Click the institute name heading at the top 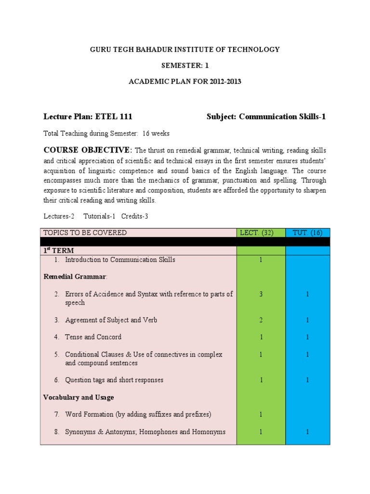pos(185,49)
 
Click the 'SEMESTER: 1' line pos(185,65)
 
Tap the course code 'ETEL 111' pos(114,116)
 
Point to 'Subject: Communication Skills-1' pos(266,116)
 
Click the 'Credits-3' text pos(135,216)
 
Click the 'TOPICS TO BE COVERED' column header pos(85,233)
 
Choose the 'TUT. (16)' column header pos(307,233)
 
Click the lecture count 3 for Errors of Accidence pos(261,294)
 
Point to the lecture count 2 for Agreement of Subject pos(261,320)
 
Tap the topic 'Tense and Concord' pos(93,337)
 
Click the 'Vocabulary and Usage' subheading pos(79,398)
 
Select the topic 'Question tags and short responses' pos(114,380)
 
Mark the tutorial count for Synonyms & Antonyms pos(307,432)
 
